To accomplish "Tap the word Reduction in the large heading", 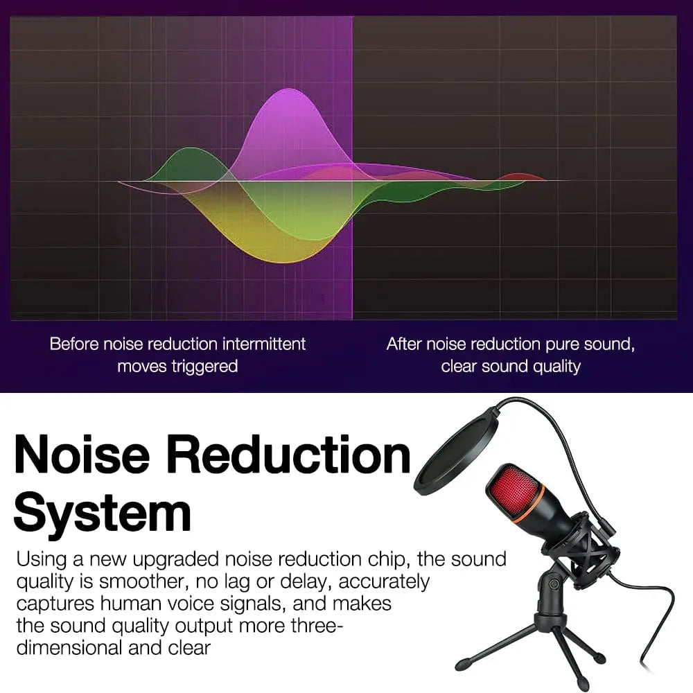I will click(290, 456).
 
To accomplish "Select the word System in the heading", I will click(102, 513).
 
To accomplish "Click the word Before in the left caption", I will click(73, 344).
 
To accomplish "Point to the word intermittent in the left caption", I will click(264, 344).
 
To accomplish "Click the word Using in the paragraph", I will click(40, 559).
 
